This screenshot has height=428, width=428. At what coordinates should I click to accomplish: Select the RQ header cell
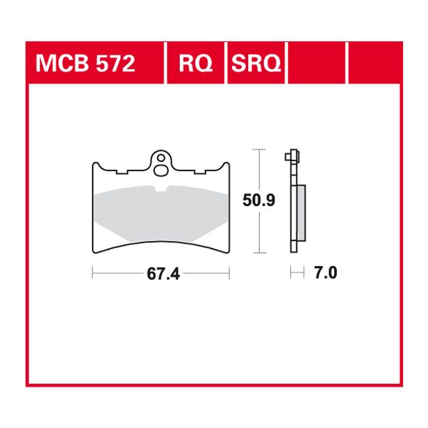pos(195,63)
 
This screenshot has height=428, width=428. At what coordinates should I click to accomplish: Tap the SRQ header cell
pos(255,63)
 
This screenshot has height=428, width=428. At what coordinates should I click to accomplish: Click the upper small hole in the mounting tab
pos(160,156)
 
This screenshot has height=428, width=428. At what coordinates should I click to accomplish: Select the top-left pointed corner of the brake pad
pos(93,162)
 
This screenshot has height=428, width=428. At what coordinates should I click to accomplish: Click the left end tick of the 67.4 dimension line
pos(93,273)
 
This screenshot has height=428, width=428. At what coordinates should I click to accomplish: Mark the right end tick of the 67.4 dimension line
pos(229,273)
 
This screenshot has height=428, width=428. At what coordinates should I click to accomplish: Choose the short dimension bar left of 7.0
pos(296,273)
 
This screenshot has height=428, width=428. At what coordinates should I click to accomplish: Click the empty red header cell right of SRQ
pos(317,63)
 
